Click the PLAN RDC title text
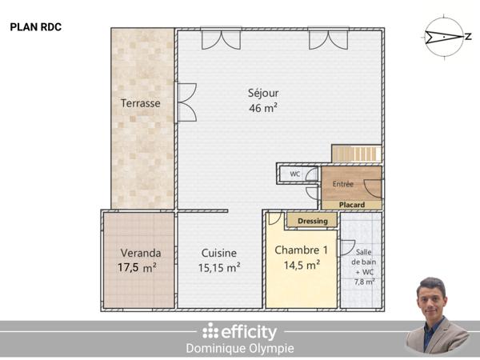[36, 26]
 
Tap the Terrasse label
[141, 103]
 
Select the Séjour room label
[263, 93]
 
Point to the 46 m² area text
[263, 108]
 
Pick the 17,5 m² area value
[137, 268]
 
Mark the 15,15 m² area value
[219, 268]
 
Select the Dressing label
[312, 221]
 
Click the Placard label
[351, 205]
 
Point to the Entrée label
[342, 184]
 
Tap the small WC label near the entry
[294, 174]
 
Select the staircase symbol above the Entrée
[356, 154]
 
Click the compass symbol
[445, 37]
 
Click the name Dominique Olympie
[239, 348]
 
